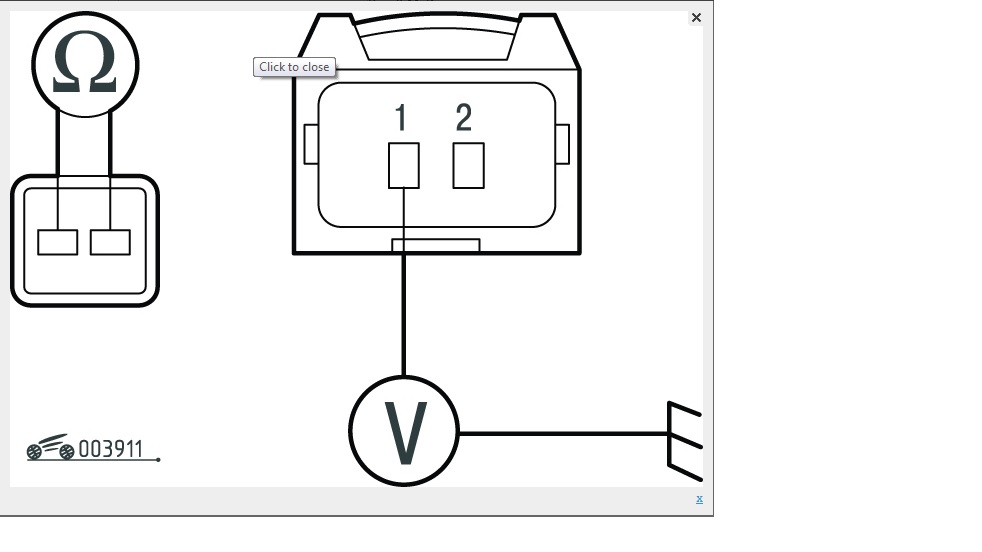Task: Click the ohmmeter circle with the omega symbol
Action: [x=85, y=64]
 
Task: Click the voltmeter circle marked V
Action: [x=404, y=432]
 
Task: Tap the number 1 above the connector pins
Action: [x=401, y=118]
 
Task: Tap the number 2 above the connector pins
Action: [x=463, y=118]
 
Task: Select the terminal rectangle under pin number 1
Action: [x=404, y=165]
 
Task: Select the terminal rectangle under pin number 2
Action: [x=468, y=165]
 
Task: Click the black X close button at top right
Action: [x=696, y=18]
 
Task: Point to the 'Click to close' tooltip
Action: [x=294, y=67]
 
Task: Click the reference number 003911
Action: [x=110, y=450]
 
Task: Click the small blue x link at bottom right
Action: [x=699, y=498]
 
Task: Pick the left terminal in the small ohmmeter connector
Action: [x=58, y=242]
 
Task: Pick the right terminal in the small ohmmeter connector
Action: [x=110, y=242]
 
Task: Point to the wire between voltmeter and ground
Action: [x=560, y=434]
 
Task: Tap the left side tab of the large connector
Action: [x=311, y=144]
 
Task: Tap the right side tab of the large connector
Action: [x=562, y=144]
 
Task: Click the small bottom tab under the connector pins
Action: [x=435, y=245]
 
